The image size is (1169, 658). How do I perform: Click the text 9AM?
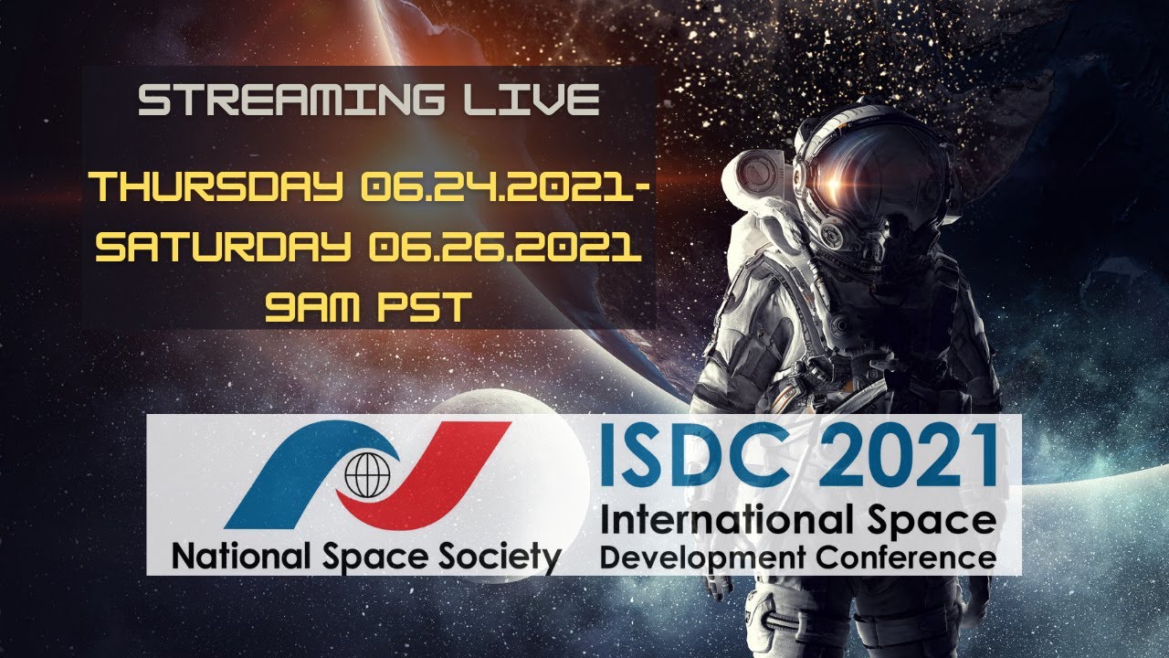point(313,308)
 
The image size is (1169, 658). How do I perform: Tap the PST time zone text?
point(428,308)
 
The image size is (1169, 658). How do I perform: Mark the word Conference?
point(905,556)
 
